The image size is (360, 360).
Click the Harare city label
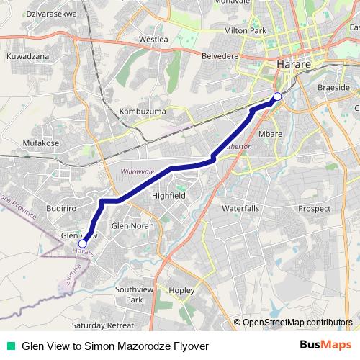(293, 65)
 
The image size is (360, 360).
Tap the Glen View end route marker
(83, 244)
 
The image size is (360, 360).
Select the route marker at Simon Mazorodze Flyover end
(277, 97)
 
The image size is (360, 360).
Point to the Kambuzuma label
(143, 112)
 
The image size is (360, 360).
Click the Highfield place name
(169, 195)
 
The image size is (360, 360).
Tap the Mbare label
(270, 135)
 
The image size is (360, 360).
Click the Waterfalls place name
(240, 208)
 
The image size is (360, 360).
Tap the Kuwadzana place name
(27, 55)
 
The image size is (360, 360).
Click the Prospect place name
(314, 209)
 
